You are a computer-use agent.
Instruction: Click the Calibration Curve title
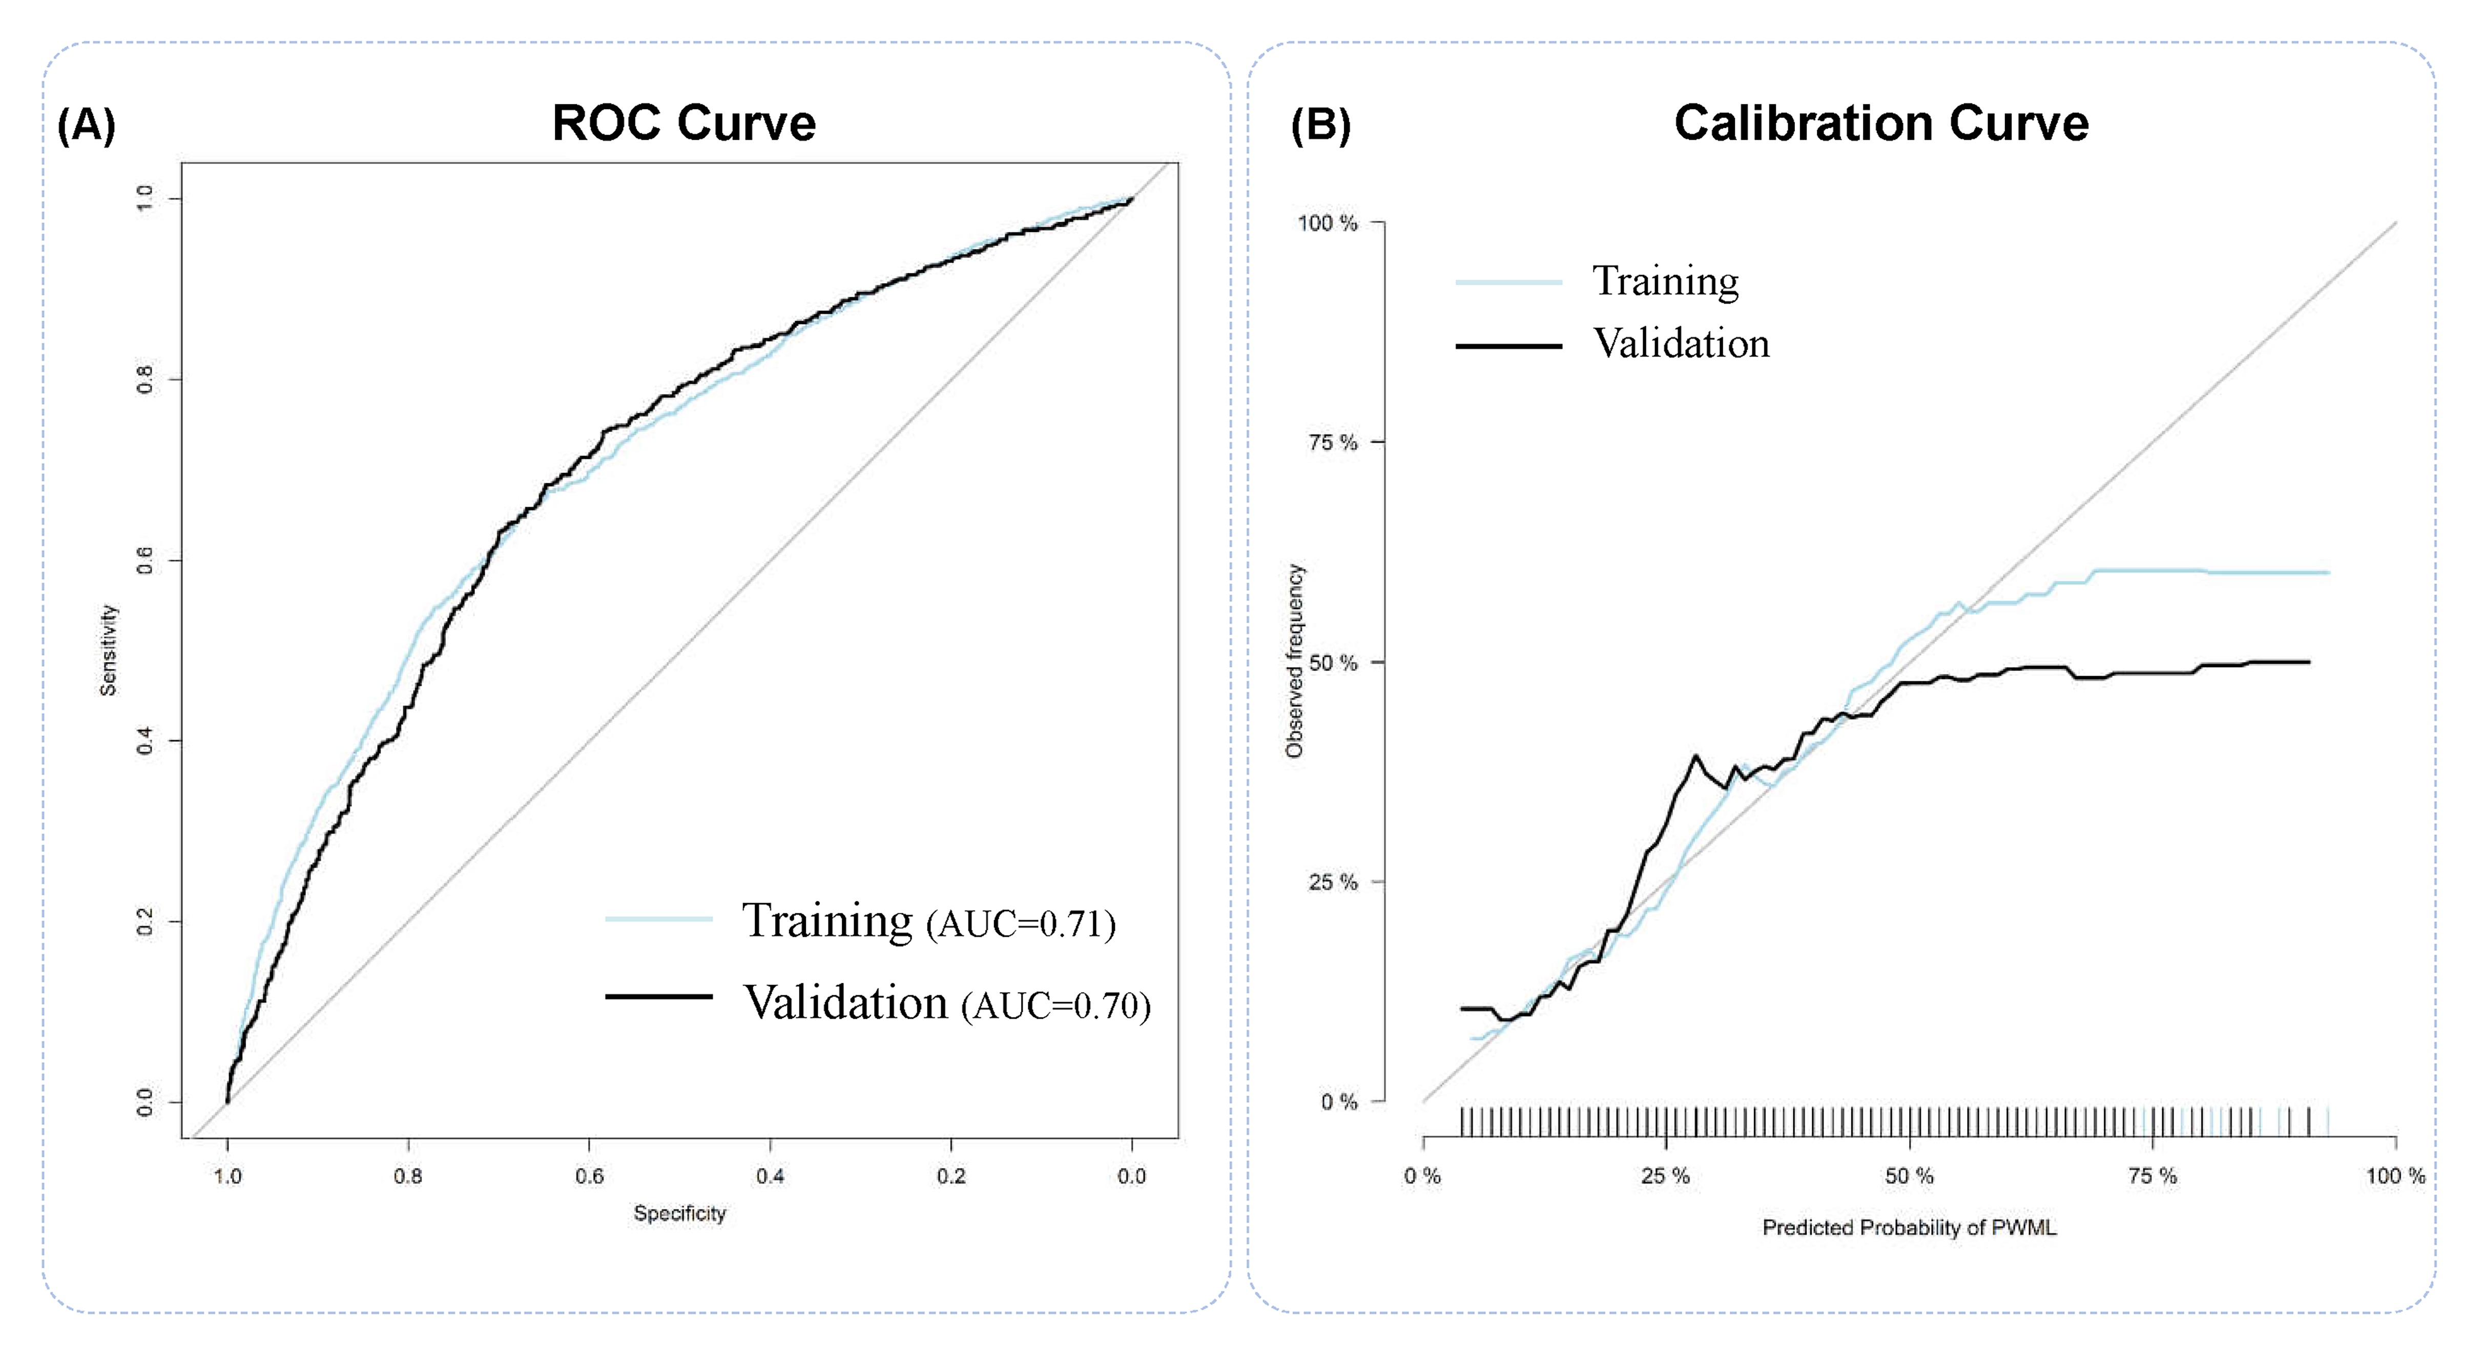[1880, 123]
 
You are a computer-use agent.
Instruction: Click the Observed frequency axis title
[1294, 661]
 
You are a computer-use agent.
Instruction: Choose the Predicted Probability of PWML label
[1909, 1228]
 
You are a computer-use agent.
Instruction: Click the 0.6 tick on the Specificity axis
[589, 1176]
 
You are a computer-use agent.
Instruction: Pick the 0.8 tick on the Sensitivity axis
[144, 380]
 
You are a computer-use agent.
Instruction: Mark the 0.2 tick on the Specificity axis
[950, 1176]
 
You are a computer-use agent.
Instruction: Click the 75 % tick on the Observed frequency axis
[1332, 443]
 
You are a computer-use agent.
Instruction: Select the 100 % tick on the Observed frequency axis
[1327, 223]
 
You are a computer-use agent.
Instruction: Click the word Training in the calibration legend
[1665, 281]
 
